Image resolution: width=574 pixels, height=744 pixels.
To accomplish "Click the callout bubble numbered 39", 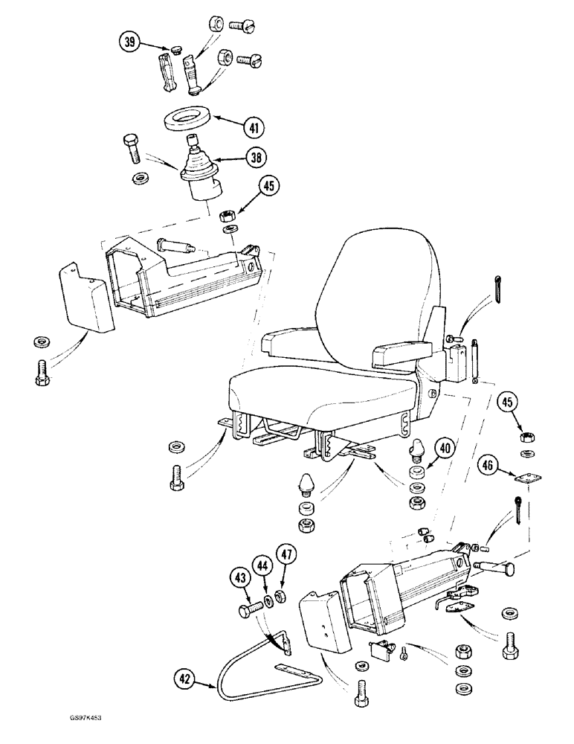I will [131, 43].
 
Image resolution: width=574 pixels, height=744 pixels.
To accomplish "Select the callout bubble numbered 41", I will [255, 128].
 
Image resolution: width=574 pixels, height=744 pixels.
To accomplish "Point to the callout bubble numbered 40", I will [445, 449].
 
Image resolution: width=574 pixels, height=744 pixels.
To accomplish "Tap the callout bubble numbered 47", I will [286, 554].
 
